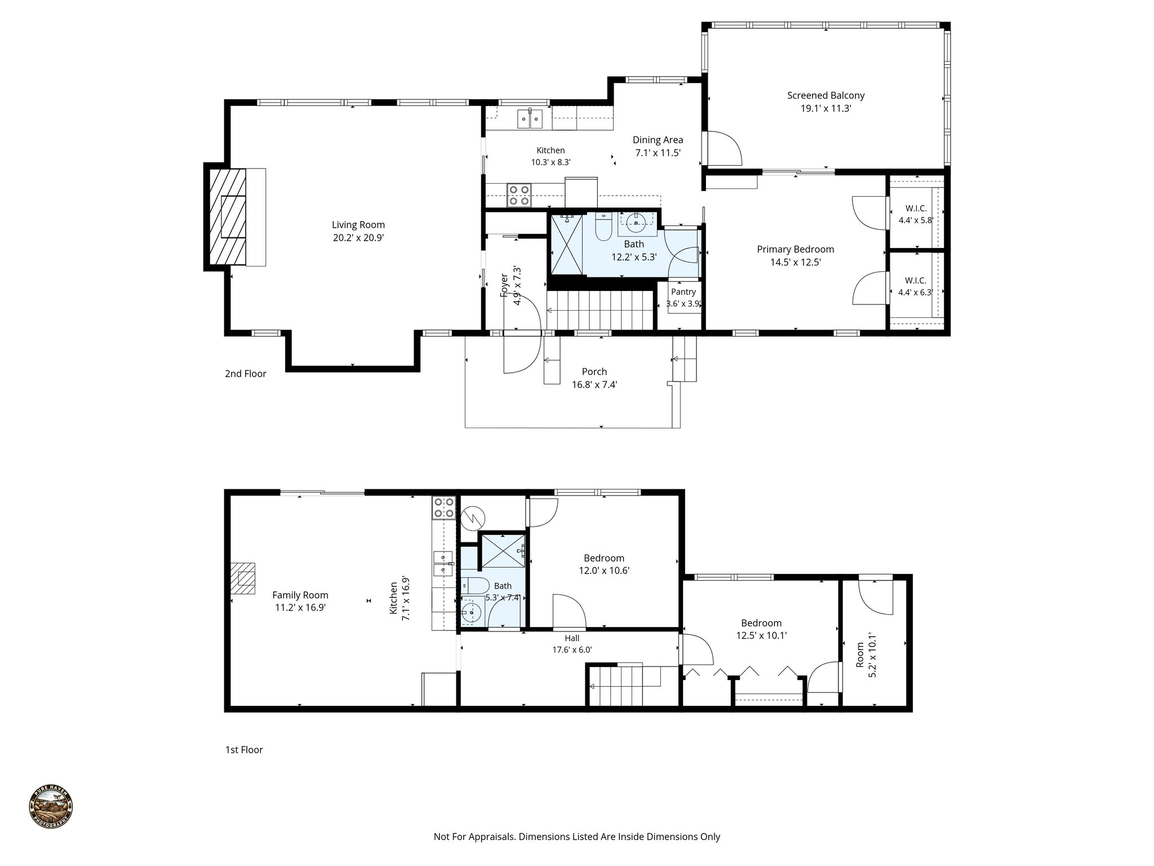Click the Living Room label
[x=358, y=225]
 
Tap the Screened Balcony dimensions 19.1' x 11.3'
[x=825, y=108]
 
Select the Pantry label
[x=683, y=292]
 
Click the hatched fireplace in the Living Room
[x=228, y=216]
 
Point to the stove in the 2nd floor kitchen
[x=518, y=195]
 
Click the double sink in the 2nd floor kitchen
[x=136, y=118]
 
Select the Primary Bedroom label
[x=795, y=249]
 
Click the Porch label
[x=594, y=372]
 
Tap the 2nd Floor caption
[x=246, y=373]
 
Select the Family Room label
[x=300, y=595]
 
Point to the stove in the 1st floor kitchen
[x=443, y=507]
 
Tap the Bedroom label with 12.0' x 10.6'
[x=603, y=558]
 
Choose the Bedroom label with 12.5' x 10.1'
[x=761, y=623]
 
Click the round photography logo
[x=51, y=807]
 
